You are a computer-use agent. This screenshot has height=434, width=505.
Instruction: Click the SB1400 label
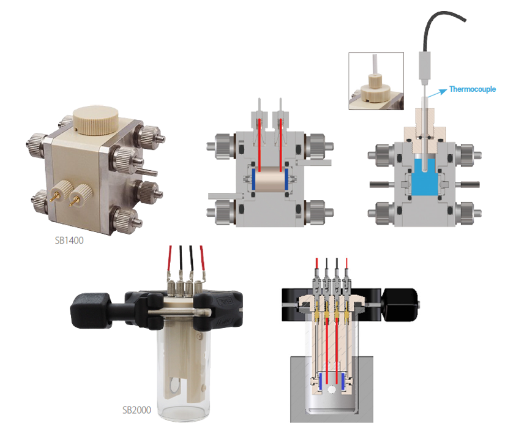point(69,241)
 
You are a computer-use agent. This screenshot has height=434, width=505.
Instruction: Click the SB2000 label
point(137,410)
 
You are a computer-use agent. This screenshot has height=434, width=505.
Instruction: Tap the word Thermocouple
point(473,89)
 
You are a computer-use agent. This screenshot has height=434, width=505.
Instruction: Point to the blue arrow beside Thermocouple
point(437,93)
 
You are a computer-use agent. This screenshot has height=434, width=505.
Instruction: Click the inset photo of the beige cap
point(376,81)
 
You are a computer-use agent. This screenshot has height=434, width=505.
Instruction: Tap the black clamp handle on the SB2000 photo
point(91,311)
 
